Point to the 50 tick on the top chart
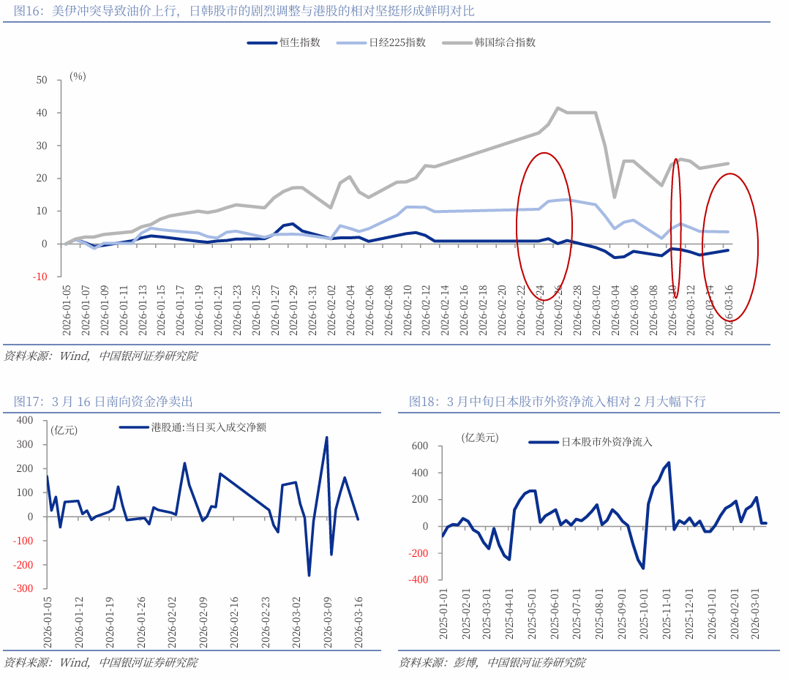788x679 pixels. tap(42, 80)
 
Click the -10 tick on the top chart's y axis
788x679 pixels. tap(40, 277)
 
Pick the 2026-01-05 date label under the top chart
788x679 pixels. tap(66, 311)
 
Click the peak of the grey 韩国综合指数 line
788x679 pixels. tap(558, 108)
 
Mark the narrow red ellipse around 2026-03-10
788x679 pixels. tap(676, 228)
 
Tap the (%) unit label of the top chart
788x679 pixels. tap(78, 76)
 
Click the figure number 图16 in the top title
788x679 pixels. tap(26, 11)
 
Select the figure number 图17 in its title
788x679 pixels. tap(26, 401)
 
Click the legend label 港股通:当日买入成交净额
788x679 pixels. tap(208, 427)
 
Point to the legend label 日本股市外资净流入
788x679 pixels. tap(607, 442)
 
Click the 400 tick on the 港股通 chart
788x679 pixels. tap(25, 421)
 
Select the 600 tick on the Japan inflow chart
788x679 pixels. tap(419, 446)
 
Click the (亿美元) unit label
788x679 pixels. tap(479, 438)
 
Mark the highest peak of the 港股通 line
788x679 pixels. tap(326, 438)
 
